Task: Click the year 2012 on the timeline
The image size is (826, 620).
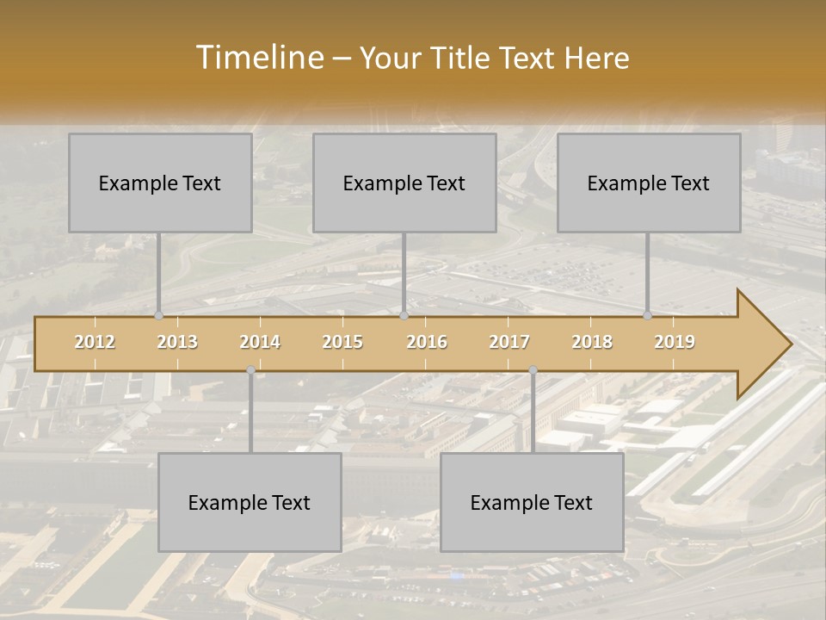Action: [95, 342]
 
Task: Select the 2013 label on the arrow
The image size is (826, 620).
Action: [177, 342]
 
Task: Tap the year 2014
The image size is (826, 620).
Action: [260, 342]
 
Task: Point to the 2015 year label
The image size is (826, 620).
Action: [342, 342]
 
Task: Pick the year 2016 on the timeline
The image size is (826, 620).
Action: [427, 342]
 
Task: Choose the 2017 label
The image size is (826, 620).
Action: [509, 342]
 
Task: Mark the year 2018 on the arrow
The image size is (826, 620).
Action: [592, 342]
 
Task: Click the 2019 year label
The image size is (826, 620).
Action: [675, 342]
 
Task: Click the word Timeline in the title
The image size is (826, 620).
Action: [258, 58]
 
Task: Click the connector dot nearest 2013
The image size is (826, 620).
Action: [158, 316]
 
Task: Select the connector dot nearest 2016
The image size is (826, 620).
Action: [404, 316]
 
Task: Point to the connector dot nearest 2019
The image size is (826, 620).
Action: [648, 316]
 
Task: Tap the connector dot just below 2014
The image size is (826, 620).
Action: [250, 370]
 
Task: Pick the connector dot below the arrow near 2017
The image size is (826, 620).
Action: [533, 370]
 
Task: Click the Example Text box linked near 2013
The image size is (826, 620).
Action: [160, 183]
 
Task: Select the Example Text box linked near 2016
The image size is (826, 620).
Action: [404, 183]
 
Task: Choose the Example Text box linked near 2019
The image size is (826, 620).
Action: [649, 183]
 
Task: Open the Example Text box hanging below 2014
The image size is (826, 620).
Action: [250, 502]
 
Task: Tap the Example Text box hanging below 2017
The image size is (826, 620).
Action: [532, 502]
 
